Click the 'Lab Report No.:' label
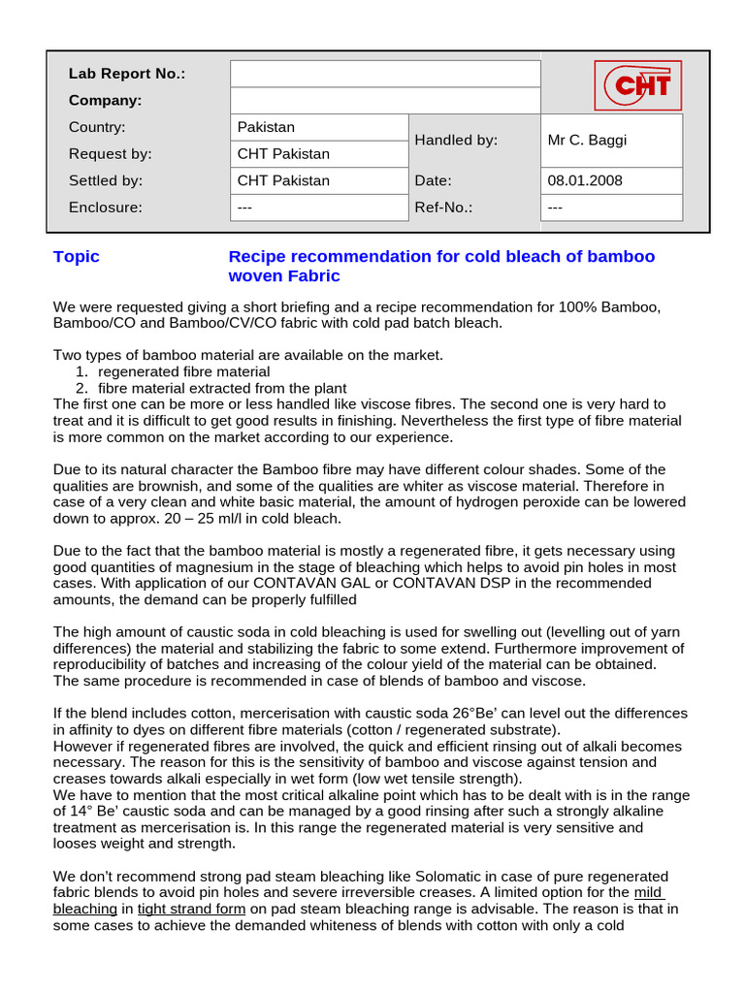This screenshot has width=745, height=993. pyautogui.click(x=126, y=74)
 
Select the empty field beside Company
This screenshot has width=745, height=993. pyautogui.click(x=385, y=101)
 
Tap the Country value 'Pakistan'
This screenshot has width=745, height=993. pyautogui.click(x=266, y=127)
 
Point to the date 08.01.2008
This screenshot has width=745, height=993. pyautogui.click(x=585, y=180)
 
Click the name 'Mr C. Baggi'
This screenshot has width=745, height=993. pyautogui.click(x=587, y=140)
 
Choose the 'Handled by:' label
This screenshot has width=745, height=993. pyautogui.click(x=456, y=140)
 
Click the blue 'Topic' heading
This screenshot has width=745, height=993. pyautogui.click(x=77, y=257)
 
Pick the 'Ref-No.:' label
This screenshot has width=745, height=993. pyautogui.click(x=443, y=207)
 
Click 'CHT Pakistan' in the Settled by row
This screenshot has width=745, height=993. pyautogui.click(x=283, y=180)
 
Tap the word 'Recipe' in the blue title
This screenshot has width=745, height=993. pyautogui.click(x=256, y=257)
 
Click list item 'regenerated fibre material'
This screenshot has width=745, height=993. pyautogui.click(x=183, y=371)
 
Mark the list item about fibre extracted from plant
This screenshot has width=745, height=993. pyautogui.click(x=222, y=388)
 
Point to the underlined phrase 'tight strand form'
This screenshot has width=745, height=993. pyautogui.click(x=193, y=909)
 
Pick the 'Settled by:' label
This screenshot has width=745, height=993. pyautogui.click(x=106, y=180)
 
